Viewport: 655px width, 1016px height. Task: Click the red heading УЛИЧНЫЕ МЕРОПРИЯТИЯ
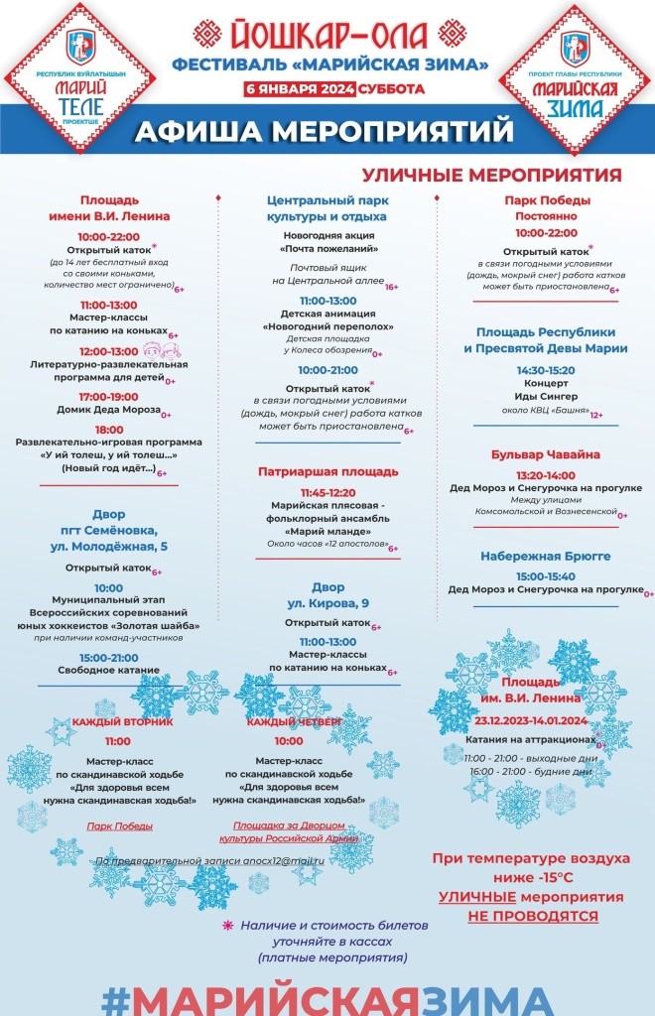click(x=491, y=176)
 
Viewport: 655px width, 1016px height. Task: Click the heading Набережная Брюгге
click(x=545, y=556)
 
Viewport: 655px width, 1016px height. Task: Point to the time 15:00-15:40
click(x=545, y=575)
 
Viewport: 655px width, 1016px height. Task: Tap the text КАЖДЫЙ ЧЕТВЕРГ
click(x=295, y=721)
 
